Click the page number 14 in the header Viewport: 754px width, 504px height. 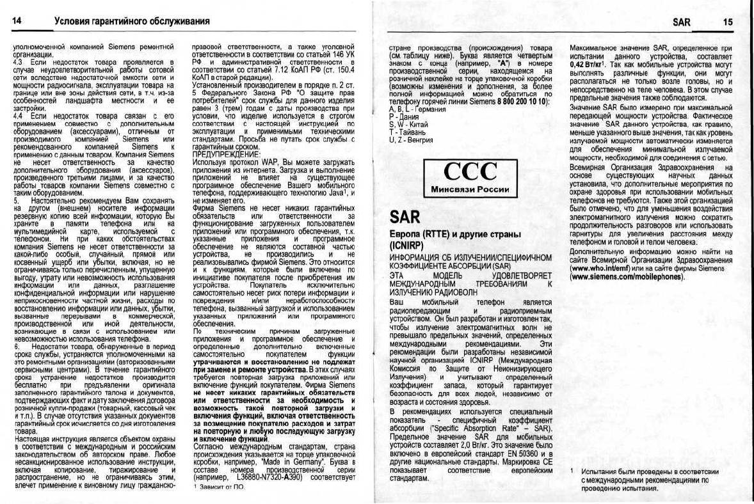[17, 22]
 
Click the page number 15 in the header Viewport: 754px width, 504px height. [728, 22]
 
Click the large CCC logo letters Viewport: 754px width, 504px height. [470, 171]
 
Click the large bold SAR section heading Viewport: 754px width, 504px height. [405, 217]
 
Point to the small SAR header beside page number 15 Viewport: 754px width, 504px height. [682, 22]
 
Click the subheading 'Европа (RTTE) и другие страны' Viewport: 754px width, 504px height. [456, 235]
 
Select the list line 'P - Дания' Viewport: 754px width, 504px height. [403, 117]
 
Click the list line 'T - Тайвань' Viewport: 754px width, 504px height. [406, 132]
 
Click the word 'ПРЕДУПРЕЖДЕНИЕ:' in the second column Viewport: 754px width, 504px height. [227, 154]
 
